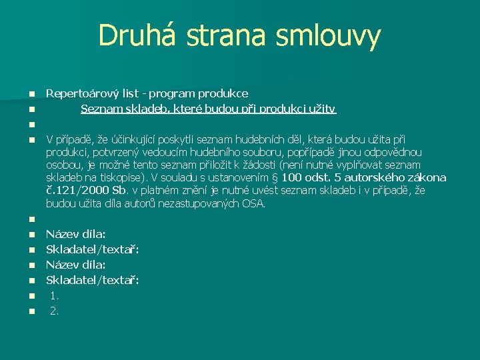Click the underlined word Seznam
(x=101, y=108)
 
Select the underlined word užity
(x=323, y=108)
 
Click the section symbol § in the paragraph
(x=275, y=177)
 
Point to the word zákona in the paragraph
(x=425, y=177)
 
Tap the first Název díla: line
(x=75, y=234)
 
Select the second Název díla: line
(x=75, y=265)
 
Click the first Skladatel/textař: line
(x=92, y=249)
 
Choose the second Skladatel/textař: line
(x=92, y=280)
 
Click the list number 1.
(x=55, y=295)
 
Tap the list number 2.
(x=55, y=311)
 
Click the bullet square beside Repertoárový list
(x=31, y=94)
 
